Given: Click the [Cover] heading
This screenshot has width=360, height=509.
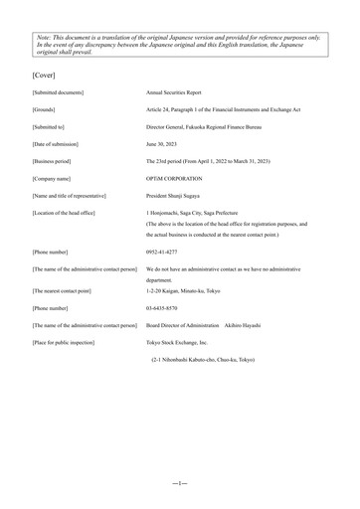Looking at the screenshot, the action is click(x=44, y=74).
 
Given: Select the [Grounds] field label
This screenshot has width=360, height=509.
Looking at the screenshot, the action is click(x=46, y=109).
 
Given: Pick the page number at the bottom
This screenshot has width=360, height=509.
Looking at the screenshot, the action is click(x=180, y=481).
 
